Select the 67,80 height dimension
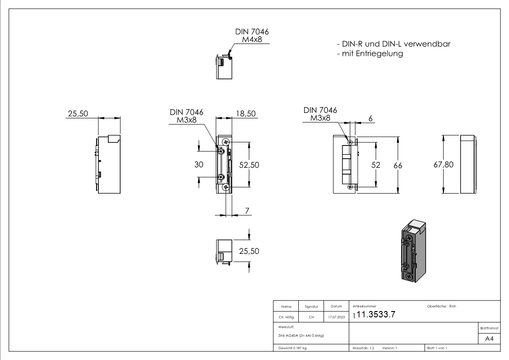[443, 165]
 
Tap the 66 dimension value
[398, 165]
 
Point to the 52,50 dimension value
[249, 165]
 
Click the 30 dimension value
[199, 165]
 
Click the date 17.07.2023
[335, 317]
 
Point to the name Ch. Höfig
[286, 317]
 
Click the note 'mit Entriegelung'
[370, 54]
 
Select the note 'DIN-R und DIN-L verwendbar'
[394, 44]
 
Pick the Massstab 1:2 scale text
[363, 348]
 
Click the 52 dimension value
[376, 165]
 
